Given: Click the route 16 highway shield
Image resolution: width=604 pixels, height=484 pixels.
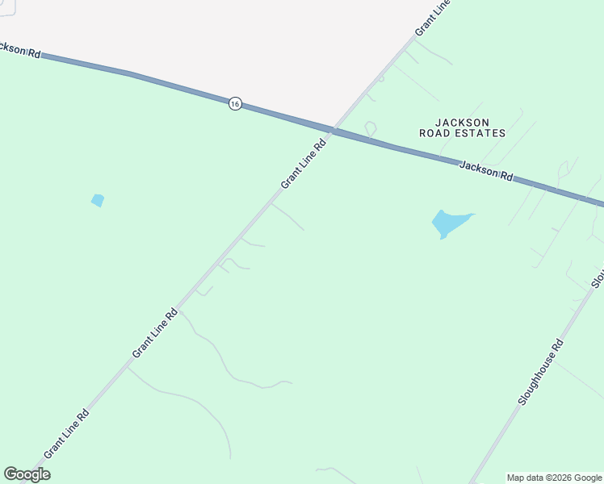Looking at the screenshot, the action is coord(234,103).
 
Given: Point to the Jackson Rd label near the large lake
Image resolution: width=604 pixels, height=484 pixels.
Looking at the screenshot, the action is coord(486,171).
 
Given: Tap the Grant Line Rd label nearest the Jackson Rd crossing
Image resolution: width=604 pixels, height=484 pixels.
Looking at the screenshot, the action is coord(304,164).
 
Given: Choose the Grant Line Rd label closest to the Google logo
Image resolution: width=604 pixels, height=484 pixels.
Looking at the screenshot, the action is coord(66,434).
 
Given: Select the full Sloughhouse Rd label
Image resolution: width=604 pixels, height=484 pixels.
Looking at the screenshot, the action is coord(541,372).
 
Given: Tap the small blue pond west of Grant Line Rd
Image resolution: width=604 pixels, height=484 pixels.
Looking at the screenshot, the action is coord(98,200).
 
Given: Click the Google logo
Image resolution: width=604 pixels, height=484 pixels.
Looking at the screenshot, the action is coord(27,474).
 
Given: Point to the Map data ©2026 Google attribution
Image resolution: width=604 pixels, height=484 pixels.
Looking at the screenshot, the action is coord(555,478).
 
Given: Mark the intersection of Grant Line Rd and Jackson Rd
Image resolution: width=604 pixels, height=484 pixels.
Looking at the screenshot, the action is coord(332,130).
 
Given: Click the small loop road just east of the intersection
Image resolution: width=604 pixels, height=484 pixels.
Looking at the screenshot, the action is coord(370,127).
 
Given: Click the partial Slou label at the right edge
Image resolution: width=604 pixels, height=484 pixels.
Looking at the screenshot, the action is coord(598,277).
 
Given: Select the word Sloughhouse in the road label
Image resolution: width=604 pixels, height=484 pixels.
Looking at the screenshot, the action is coord(537,378).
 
